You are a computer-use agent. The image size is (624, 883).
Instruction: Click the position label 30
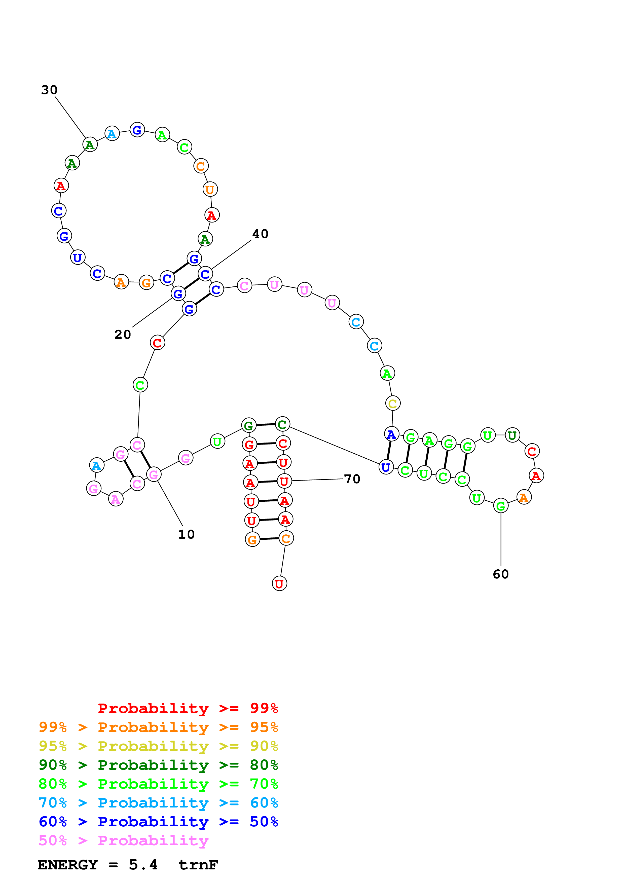[49, 90]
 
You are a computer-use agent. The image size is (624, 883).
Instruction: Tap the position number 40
[260, 234]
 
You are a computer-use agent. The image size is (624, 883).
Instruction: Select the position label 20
[123, 335]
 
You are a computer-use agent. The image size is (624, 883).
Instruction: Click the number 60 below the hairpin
[501, 574]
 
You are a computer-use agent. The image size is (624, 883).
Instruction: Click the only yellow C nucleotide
[392, 403]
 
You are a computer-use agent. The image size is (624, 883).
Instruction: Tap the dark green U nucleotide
[512, 435]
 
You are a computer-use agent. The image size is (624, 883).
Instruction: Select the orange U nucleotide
[210, 189]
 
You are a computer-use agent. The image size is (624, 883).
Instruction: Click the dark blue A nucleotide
[391, 434]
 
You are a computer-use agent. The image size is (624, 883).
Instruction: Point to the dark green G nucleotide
[249, 425]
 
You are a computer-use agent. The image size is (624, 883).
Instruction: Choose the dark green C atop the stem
[282, 424]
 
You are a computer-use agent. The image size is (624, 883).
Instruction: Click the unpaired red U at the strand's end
[279, 583]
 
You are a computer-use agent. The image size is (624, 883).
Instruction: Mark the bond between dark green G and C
[265, 425]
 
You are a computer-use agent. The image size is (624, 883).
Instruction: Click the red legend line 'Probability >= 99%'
[188, 708]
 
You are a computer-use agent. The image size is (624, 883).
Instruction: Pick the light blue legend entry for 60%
[158, 803]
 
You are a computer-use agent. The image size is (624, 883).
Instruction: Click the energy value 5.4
[143, 865]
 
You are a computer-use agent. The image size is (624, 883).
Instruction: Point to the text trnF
[198, 865]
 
